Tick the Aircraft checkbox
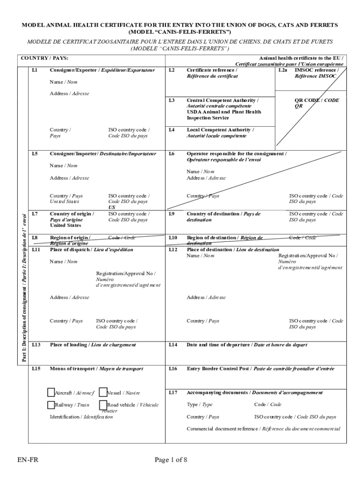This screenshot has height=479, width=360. (51, 392)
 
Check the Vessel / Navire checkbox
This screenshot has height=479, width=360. (103, 392)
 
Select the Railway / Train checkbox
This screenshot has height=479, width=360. (51, 405)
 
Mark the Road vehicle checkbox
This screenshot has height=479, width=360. (103, 405)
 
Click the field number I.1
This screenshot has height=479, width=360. (35, 70)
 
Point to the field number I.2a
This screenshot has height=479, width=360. (282, 70)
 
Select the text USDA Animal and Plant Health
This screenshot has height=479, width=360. (223, 112)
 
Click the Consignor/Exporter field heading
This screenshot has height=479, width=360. (102, 70)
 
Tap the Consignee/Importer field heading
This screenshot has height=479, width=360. (103, 153)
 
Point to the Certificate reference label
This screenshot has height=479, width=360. (211, 70)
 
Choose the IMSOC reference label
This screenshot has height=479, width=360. (317, 70)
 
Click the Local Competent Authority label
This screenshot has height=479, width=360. (220, 130)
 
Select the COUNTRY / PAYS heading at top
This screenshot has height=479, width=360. (45, 58)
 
